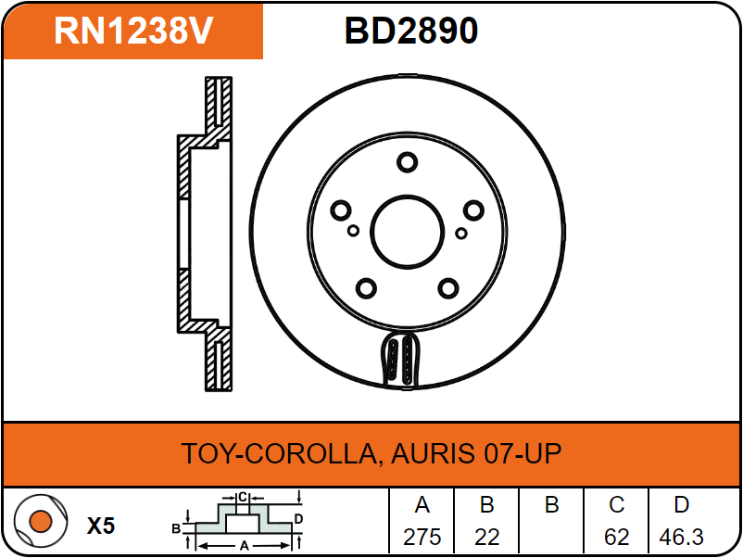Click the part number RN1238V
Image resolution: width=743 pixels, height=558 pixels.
point(133,31)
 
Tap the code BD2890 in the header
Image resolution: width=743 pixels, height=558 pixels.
point(410,31)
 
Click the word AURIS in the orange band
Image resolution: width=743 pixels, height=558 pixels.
point(433,452)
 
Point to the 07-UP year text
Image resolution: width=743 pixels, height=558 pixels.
point(523,452)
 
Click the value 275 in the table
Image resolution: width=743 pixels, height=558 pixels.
point(422,537)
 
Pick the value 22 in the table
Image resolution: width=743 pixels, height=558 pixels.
point(487,537)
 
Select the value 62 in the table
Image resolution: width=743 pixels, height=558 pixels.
point(616,537)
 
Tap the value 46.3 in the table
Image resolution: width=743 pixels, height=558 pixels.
point(682,537)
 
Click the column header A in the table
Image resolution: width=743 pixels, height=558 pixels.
point(422,505)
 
